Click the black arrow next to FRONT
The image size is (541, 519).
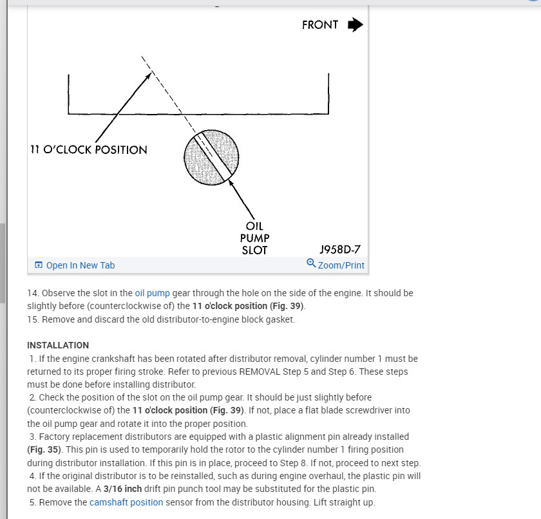[x=355, y=25]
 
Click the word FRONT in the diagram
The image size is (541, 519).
[x=320, y=25]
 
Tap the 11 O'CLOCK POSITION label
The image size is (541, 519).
[x=89, y=150]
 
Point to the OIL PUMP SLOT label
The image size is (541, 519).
[x=254, y=239]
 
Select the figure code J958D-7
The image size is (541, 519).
[x=341, y=249]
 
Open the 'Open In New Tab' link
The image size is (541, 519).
[x=81, y=265]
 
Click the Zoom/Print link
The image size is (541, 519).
[x=341, y=265]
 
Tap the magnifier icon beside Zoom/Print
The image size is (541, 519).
[x=312, y=263]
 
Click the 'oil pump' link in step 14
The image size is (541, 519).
[x=152, y=293]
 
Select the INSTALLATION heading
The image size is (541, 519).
[x=58, y=346]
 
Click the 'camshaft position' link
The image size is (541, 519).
[x=126, y=502]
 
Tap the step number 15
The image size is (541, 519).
[x=33, y=319]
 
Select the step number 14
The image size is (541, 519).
[x=33, y=293]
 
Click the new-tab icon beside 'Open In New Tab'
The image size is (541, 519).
[x=39, y=265]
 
